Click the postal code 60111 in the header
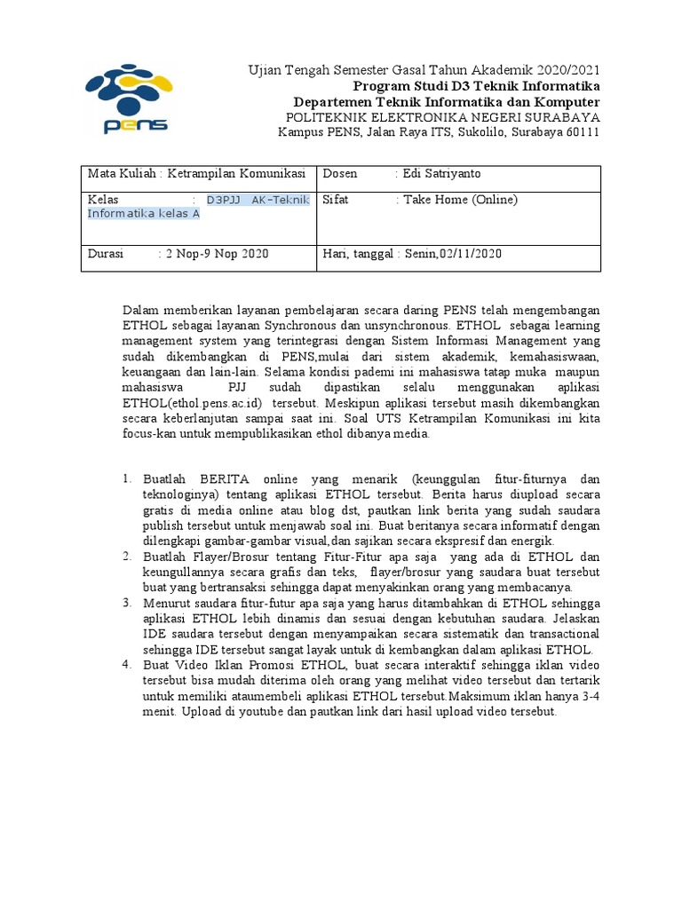(x=582, y=132)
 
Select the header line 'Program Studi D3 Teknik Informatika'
(x=477, y=86)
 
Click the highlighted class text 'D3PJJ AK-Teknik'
(x=258, y=200)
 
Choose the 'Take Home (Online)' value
(x=460, y=200)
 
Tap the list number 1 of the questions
(x=127, y=479)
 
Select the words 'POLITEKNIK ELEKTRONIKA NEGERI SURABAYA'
(x=441, y=117)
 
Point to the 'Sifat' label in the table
(x=336, y=200)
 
